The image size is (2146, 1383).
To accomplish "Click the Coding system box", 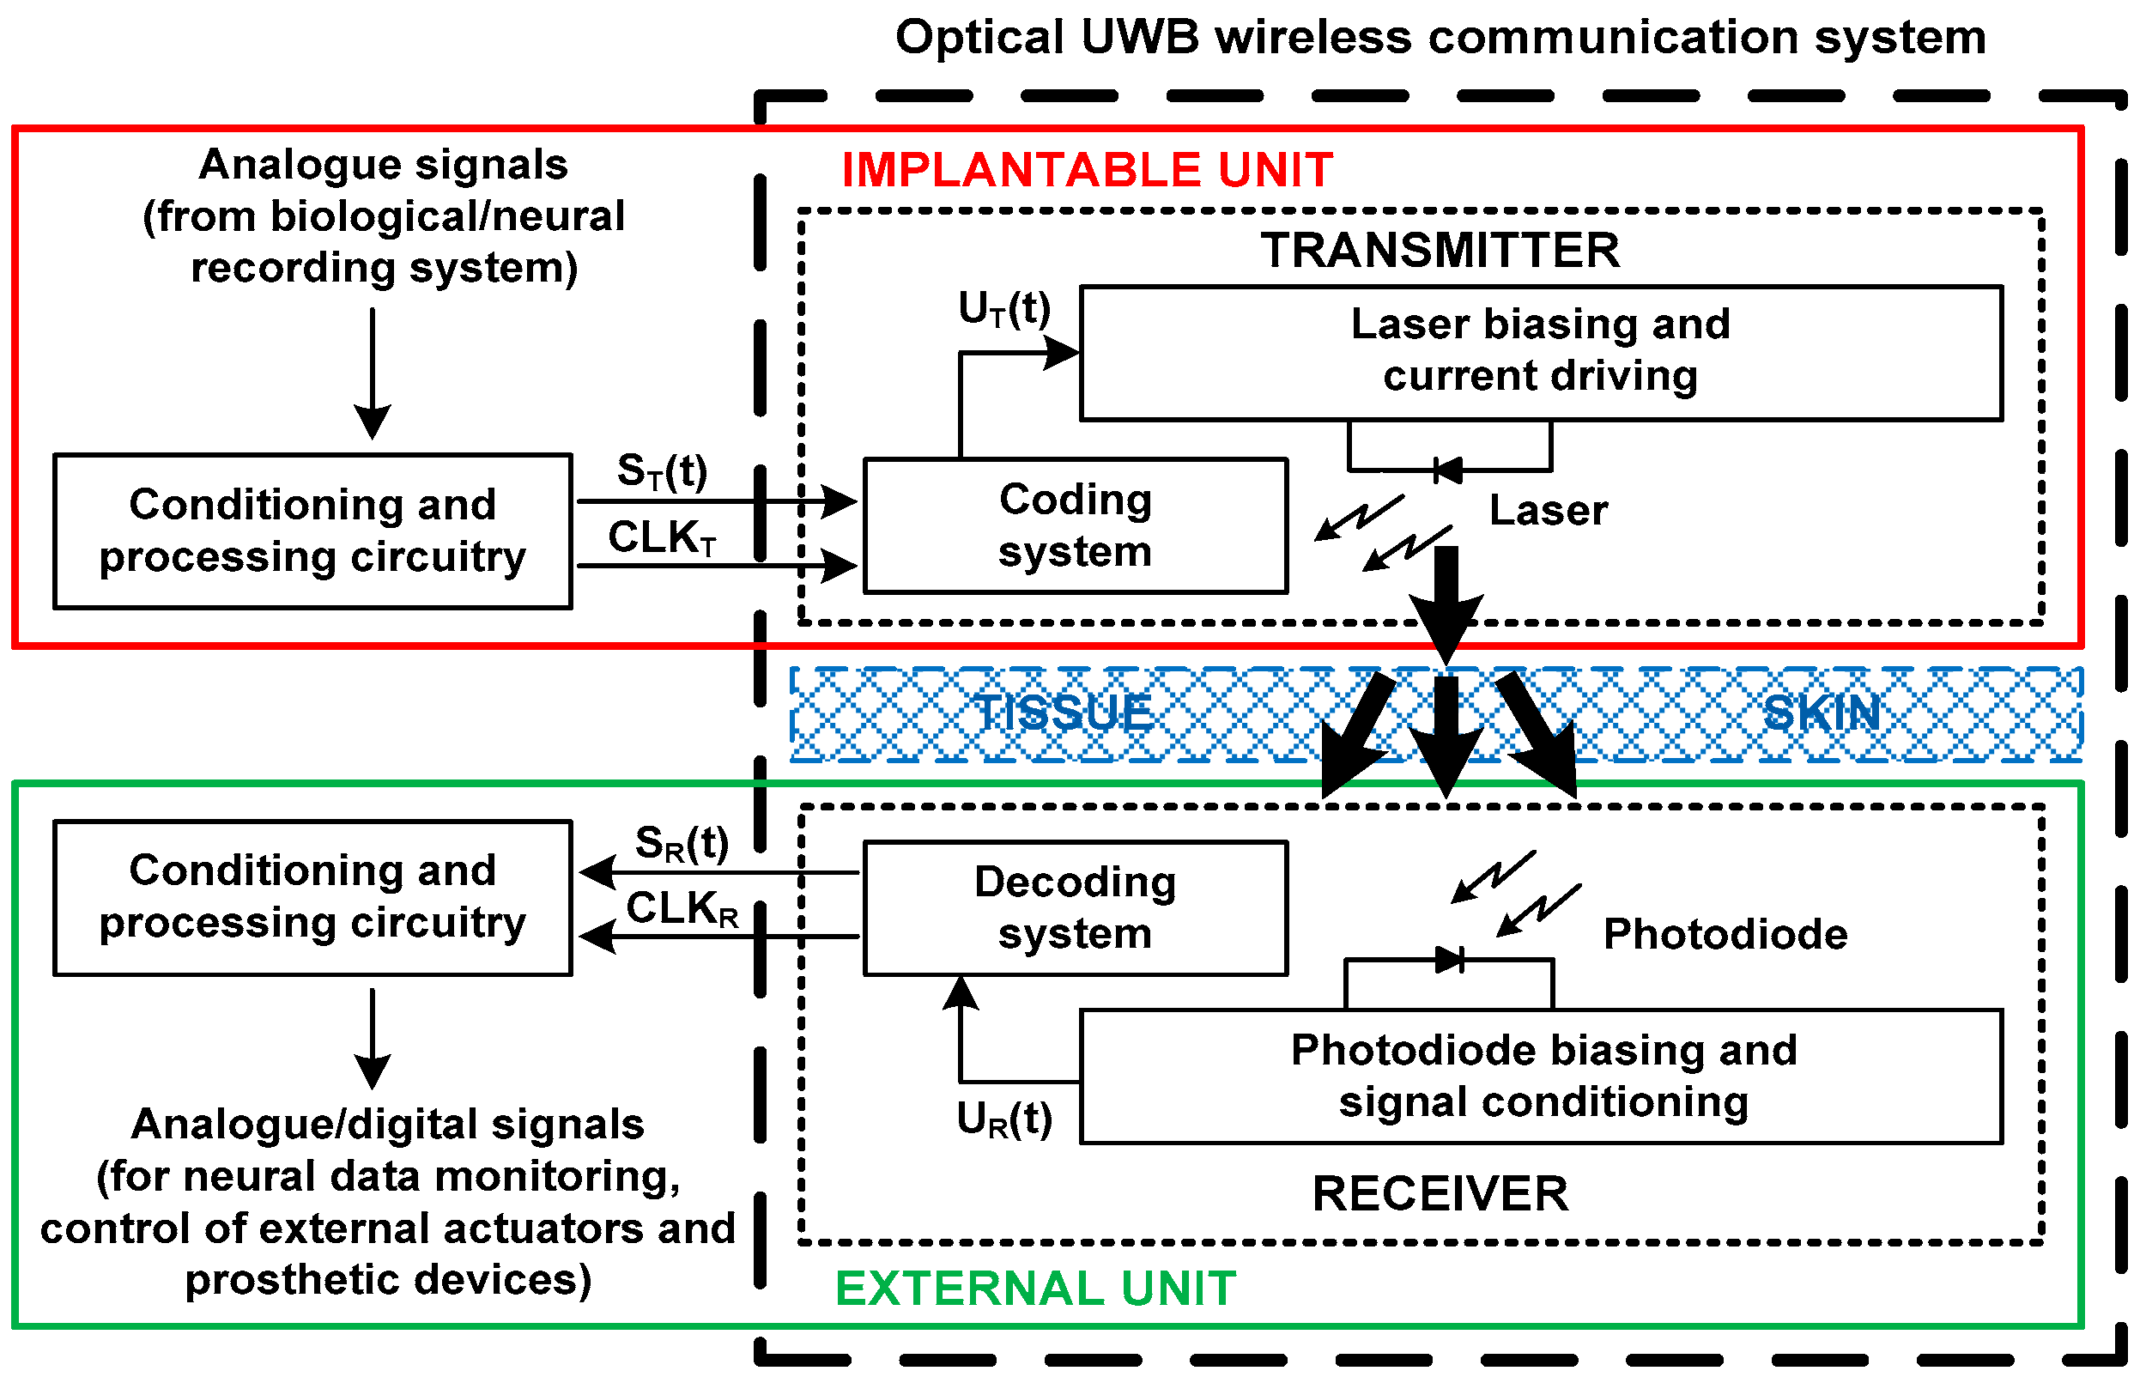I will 1075,526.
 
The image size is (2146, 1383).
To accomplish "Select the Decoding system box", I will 1075,908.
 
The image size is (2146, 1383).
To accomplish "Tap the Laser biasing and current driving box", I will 1540,352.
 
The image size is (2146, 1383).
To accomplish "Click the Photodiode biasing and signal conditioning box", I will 1540,1076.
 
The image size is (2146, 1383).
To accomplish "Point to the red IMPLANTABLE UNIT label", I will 1087,170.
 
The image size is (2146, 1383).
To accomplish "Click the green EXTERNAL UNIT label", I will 1035,1289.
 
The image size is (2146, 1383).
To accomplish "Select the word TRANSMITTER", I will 1440,250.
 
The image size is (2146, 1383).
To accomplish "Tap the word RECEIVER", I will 1440,1193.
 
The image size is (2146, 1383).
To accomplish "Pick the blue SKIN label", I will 1821,713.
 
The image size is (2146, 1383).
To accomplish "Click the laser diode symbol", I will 1447,470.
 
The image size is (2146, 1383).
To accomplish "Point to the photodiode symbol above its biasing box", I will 1449,960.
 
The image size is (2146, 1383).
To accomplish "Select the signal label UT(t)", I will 1003,309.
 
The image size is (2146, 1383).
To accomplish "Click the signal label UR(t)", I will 1003,1119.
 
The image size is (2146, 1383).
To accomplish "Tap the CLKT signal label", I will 662,538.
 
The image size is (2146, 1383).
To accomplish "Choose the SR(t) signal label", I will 682,843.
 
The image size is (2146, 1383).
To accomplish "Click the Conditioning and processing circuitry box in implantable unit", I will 312,531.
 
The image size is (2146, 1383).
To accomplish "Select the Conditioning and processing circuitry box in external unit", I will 312,896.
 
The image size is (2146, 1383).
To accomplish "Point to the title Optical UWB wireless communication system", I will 1440,38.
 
